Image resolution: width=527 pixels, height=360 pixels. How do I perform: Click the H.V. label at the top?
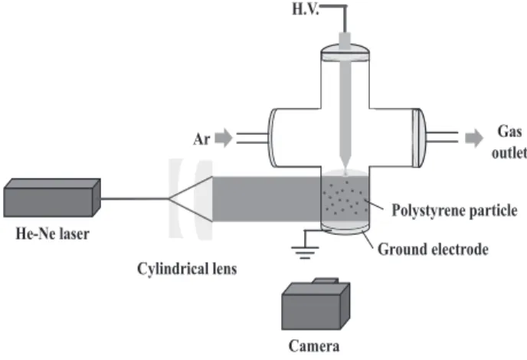click(x=305, y=9)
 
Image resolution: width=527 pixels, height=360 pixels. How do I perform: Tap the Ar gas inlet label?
click(x=201, y=139)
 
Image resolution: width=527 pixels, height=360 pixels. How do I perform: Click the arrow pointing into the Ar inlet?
click(x=224, y=138)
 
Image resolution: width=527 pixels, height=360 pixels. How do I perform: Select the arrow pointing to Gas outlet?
click(x=474, y=138)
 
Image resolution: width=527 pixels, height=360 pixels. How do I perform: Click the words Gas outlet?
click(x=509, y=142)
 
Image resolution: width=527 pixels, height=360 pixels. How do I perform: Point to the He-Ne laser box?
click(x=52, y=198)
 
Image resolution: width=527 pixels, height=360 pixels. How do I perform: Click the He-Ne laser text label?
click(x=52, y=234)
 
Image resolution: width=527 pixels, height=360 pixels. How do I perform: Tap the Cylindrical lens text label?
click(x=187, y=269)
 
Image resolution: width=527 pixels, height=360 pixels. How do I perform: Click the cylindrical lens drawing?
click(x=191, y=199)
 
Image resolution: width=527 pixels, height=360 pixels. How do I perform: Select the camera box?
click(x=316, y=305)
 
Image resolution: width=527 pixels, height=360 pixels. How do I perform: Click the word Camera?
click(x=314, y=346)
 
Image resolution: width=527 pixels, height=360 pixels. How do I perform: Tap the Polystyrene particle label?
click(x=454, y=211)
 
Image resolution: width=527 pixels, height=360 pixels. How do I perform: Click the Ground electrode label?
click(x=433, y=250)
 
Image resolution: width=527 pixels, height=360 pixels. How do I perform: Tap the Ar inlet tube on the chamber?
click(x=253, y=138)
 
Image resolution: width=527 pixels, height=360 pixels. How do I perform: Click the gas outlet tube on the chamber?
click(x=442, y=137)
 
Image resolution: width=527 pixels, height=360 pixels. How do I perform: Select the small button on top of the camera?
click(x=326, y=280)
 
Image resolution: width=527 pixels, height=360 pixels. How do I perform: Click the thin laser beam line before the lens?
click(x=135, y=198)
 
